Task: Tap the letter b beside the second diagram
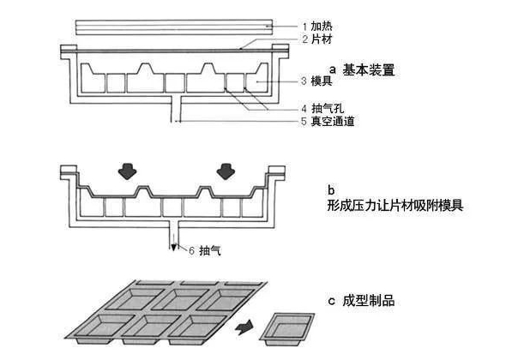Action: tap(330, 190)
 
